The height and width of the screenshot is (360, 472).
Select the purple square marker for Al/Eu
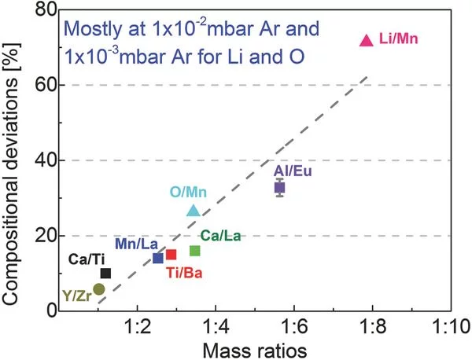279,188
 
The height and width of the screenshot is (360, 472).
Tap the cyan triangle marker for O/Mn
194,210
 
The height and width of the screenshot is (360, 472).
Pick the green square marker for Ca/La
195,251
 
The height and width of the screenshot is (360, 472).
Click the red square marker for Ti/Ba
171,254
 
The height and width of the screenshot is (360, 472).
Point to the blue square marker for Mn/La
157,258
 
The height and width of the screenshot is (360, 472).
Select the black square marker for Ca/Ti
105,273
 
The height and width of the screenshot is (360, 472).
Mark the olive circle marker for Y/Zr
98,289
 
